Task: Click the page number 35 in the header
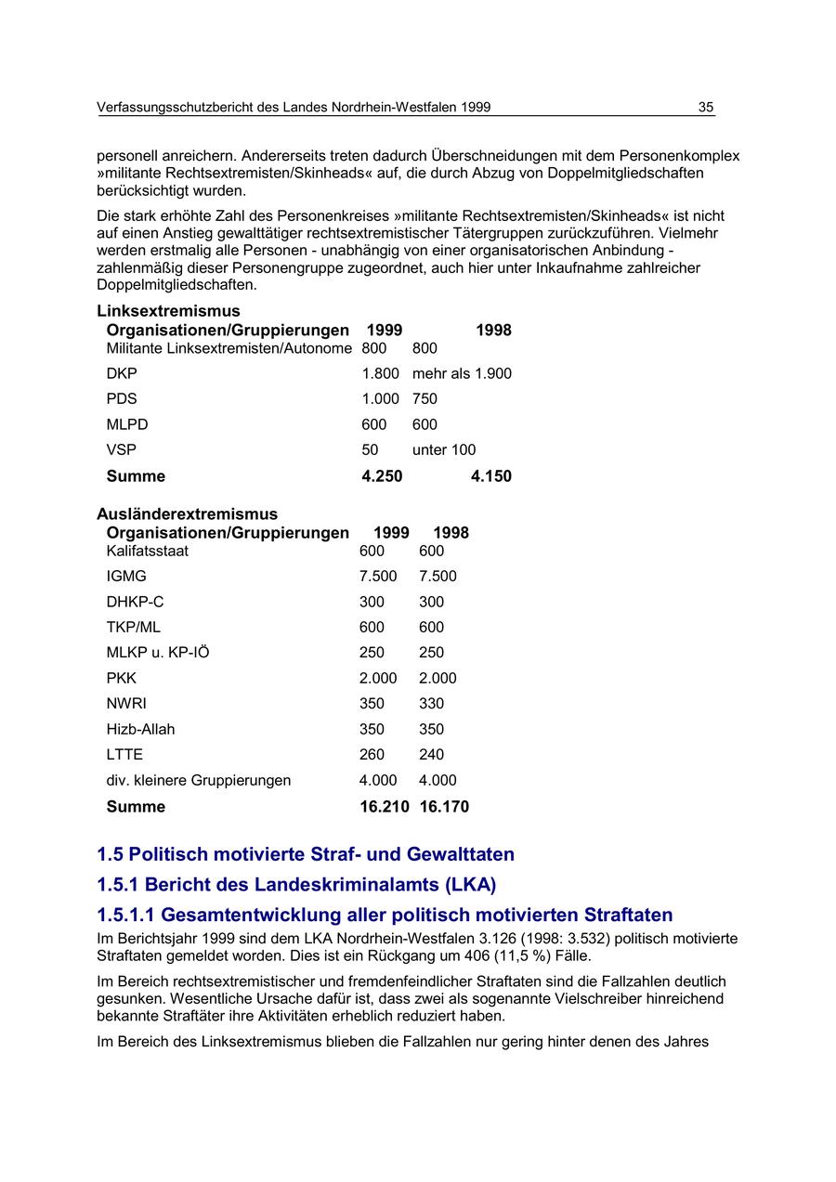pyautogui.click(x=706, y=108)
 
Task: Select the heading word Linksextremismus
pyautogui.click(x=168, y=311)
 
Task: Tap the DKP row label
pyautogui.click(x=122, y=373)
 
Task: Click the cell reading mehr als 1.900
pyautogui.click(x=462, y=373)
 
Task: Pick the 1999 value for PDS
pyautogui.click(x=380, y=398)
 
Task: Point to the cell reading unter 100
pyautogui.click(x=444, y=449)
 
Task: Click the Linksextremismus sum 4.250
pyautogui.click(x=382, y=476)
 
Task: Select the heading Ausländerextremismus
pyautogui.click(x=187, y=513)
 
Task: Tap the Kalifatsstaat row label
pyautogui.click(x=147, y=551)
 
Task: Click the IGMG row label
pyautogui.click(x=126, y=576)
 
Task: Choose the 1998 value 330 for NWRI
pyautogui.click(x=431, y=704)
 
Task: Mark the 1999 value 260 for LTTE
pyautogui.click(x=372, y=754)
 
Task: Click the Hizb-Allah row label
pyautogui.click(x=140, y=729)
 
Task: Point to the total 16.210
pyautogui.click(x=384, y=807)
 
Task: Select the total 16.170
pyautogui.click(x=444, y=807)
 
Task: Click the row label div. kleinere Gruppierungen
pyautogui.click(x=198, y=780)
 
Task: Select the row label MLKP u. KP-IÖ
pyautogui.click(x=158, y=653)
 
